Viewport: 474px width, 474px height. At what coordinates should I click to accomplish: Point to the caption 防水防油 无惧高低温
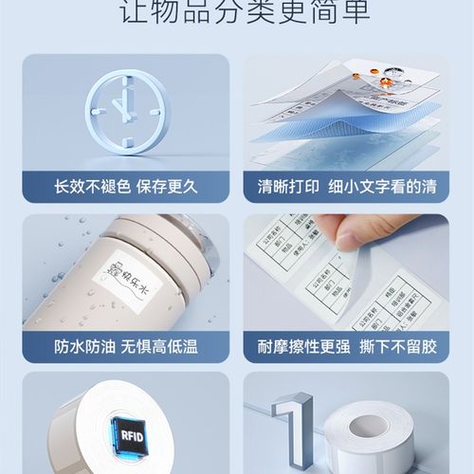(x=125, y=345)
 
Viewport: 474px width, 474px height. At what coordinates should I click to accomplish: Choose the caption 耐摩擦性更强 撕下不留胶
(x=348, y=345)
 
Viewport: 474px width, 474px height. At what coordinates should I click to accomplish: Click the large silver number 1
(x=290, y=431)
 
